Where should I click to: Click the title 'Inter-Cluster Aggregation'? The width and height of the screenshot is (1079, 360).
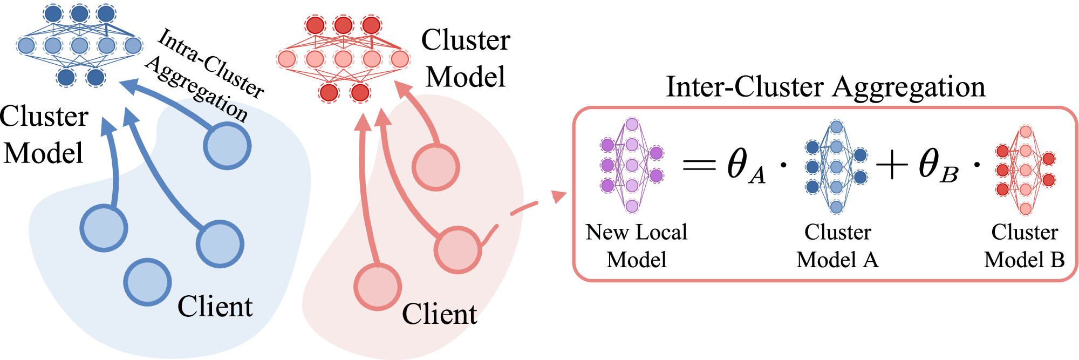click(x=825, y=87)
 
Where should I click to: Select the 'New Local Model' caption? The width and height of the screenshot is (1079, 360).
click(x=637, y=246)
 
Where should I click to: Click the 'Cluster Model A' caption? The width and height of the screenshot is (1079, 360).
click(x=837, y=246)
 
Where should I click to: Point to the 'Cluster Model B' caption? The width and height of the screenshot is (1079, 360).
click(x=1024, y=246)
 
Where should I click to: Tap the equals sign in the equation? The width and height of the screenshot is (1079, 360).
click(x=700, y=164)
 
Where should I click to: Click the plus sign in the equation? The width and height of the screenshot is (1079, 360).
click(x=892, y=165)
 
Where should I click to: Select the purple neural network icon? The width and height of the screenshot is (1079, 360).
click(x=632, y=165)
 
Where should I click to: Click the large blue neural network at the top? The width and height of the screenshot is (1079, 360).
click(x=80, y=46)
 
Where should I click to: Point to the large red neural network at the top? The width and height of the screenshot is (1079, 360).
click(x=343, y=59)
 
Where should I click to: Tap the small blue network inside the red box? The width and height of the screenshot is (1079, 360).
click(x=836, y=167)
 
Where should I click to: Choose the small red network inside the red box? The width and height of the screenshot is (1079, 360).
click(x=1026, y=170)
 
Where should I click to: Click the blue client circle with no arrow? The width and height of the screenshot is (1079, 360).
click(x=147, y=282)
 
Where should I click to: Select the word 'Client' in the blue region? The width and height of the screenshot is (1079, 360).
click(x=215, y=307)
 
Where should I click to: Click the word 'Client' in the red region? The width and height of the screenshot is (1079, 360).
click(x=439, y=314)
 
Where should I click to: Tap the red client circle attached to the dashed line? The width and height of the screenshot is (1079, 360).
click(x=457, y=250)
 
